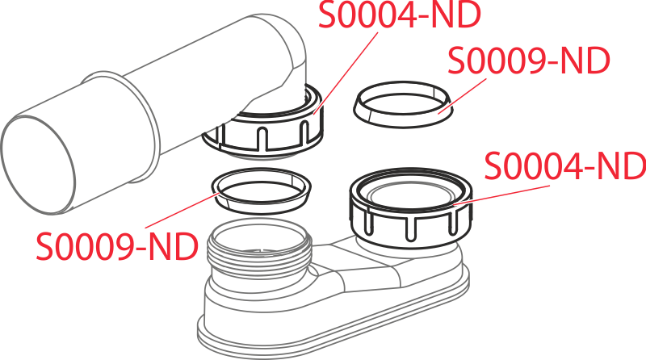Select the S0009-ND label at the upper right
pos(529,62)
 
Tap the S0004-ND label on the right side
pos(564,167)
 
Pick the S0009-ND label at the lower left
pos(117,245)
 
